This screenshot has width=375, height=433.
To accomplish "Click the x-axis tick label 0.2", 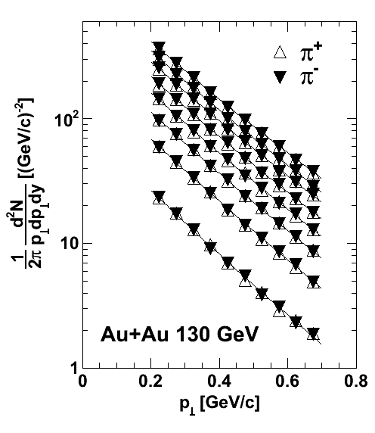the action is coord(151,382).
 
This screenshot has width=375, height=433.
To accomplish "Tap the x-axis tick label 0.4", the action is coord(220,382).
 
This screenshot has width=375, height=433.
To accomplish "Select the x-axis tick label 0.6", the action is coord(288,382).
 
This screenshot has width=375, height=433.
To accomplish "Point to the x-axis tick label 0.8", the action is coord(356,382).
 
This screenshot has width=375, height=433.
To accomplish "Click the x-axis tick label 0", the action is coord(82,382).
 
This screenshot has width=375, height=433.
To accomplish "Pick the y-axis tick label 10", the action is coord(70,243).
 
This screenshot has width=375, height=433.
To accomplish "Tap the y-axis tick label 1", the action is coord(74,369).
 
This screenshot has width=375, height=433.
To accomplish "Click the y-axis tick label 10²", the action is coord(67,119).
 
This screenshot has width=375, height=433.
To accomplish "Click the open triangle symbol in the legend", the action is coord(280,52).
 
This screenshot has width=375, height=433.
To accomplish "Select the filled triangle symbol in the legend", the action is coord(280,77).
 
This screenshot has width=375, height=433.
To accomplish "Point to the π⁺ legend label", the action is coord(310,51).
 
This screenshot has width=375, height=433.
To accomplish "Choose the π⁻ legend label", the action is coord(309,76).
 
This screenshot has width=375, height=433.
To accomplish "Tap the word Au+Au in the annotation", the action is coord(135,335).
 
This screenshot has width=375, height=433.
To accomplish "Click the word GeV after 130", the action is coord(237,335).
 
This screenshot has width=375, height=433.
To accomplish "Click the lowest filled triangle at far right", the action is coord(314,332).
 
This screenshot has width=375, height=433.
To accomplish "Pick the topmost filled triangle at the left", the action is coord(160,46).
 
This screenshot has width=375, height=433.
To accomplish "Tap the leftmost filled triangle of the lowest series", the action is coord(159,195).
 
